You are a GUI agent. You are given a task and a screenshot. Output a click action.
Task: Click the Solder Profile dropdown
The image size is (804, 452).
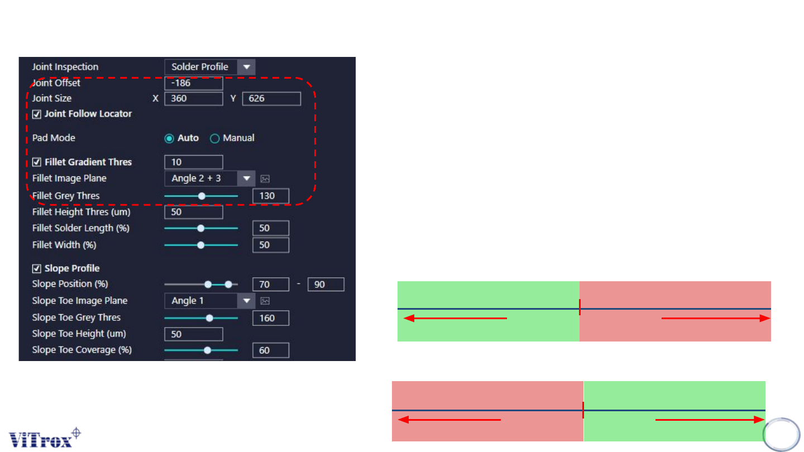[209, 67]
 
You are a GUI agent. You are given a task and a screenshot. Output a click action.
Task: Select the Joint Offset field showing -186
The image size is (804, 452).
[193, 83]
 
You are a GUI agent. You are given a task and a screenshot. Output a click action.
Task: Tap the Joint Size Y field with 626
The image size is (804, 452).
[271, 99]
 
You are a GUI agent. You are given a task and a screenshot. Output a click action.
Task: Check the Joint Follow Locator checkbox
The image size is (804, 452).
[37, 114]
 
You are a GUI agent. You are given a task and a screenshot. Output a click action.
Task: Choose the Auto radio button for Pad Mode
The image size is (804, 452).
[169, 138]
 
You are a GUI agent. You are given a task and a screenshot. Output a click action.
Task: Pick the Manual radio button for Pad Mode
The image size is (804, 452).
[214, 138]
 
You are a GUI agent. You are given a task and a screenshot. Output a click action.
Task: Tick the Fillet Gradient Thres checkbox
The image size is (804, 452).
[37, 162]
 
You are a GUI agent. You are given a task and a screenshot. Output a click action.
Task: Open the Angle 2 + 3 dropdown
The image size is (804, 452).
[209, 179]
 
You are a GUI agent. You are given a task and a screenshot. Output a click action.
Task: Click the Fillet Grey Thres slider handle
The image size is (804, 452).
[202, 196]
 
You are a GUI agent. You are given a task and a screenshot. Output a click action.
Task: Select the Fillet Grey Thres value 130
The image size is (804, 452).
[271, 196]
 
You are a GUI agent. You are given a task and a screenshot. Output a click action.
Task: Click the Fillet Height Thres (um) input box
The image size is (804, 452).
[193, 213]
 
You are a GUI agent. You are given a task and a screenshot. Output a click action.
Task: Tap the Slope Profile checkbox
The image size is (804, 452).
[37, 268]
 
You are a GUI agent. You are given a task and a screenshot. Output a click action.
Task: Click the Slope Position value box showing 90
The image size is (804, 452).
[326, 285]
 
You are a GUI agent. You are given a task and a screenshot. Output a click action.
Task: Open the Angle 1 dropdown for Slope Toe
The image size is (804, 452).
[209, 301]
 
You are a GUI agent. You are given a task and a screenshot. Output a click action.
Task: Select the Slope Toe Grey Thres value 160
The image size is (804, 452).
[271, 318]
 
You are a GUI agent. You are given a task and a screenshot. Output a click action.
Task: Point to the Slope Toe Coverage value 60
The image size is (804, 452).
[271, 350]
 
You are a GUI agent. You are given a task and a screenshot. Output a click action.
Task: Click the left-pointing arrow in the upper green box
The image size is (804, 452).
[454, 319]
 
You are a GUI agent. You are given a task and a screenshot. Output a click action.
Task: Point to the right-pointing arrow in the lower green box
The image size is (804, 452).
[710, 420]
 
